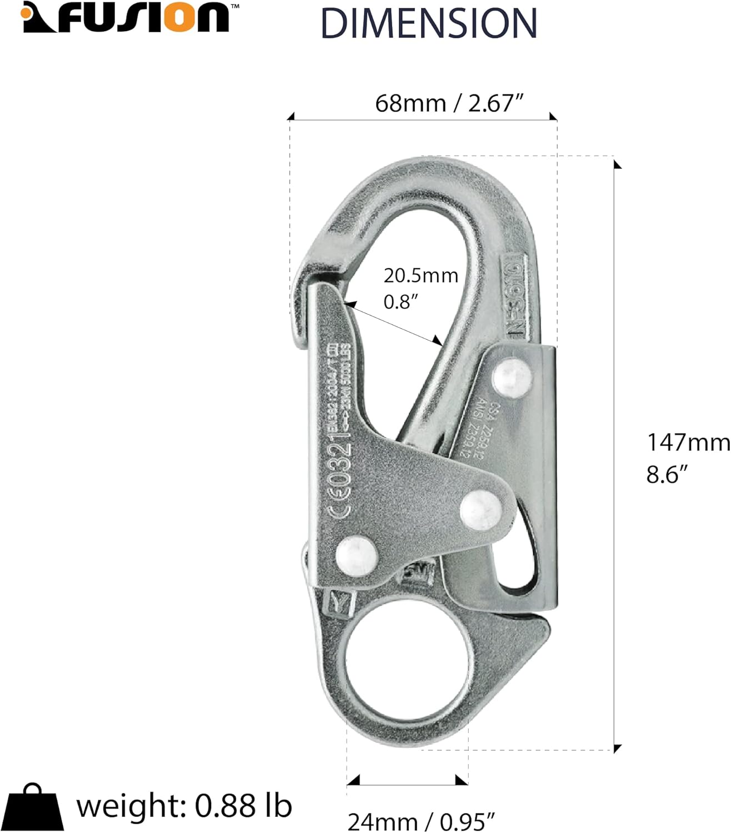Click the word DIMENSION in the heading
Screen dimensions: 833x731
pos(429,23)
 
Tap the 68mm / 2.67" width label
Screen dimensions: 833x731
pos(450,103)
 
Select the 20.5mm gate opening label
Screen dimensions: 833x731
pos(420,275)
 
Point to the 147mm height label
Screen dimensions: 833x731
pos(688,443)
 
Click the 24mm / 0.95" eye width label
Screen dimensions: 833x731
pos(421,821)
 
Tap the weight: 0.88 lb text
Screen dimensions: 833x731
pos(184,806)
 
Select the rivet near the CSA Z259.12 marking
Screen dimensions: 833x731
pos(512,377)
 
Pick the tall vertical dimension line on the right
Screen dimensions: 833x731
pos(614,453)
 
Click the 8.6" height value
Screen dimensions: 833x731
pos(667,475)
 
